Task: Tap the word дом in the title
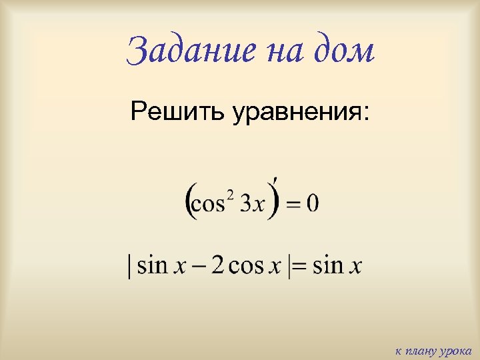click(341, 51)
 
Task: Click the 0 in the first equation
click(313, 203)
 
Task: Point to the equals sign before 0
click(293, 204)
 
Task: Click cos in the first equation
click(208, 204)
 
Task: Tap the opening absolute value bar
click(129, 267)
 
